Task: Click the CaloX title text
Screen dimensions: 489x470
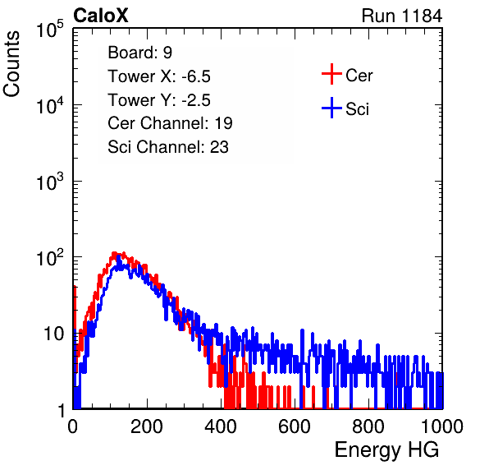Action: (x=101, y=16)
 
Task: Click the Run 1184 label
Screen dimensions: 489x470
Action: (x=402, y=16)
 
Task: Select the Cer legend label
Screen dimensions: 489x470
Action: (x=359, y=76)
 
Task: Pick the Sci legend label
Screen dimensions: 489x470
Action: (x=357, y=109)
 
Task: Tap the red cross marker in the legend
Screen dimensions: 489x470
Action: (x=331, y=74)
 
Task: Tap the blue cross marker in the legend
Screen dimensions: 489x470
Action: (x=331, y=108)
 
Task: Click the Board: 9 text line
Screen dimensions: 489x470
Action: (x=139, y=53)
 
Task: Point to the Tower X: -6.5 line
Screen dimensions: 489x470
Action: (x=159, y=76)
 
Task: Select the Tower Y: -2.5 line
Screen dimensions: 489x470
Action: (x=159, y=100)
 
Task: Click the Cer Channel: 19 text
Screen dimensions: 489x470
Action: (x=170, y=123)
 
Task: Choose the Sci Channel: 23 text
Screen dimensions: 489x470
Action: (x=168, y=147)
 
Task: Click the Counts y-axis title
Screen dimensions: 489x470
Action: (x=11, y=64)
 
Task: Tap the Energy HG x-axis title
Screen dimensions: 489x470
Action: (x=386, y=450)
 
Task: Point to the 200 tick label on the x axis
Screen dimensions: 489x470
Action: (x=147, y=426)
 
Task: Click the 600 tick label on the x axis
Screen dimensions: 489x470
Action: (x=295, y=426)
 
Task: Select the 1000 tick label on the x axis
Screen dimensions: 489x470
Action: (x=442, y=426)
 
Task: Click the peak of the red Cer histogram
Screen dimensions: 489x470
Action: (x=114, y=254)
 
